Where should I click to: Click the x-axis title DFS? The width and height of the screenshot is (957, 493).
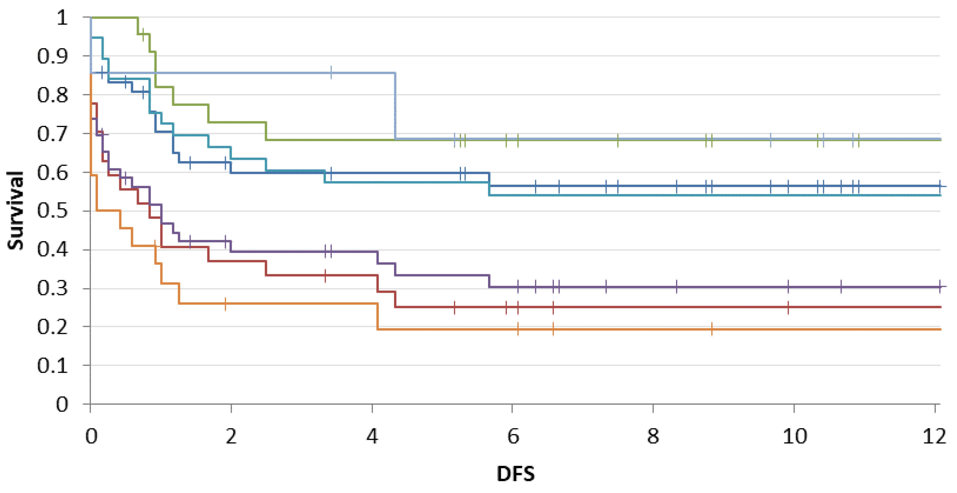click(x=516, y=473)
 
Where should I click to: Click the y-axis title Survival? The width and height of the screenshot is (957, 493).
click(x=16, y=210)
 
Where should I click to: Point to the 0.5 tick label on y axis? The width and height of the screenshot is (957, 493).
click(x=52, y=211)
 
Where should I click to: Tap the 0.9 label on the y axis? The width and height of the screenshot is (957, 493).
click(x=52, y=56)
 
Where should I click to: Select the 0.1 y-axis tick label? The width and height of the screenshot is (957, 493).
click(x=52, y=365)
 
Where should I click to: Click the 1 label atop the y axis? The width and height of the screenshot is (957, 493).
click(x=62, y=17)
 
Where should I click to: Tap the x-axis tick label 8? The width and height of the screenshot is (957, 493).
click(x=653, y=436)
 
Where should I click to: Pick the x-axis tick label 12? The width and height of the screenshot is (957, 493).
click(x=934, y=436)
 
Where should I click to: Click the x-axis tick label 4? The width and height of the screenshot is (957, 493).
click(x=372, y=436)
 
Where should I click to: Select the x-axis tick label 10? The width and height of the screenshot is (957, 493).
click(x=794, y=436)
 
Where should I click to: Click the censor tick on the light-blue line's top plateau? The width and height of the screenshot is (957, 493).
click(x=331, y=73)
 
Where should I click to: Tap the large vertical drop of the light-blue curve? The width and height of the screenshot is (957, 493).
click(x=395, y=106)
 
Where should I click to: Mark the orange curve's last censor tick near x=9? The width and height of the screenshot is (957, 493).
click(x=712, y=329)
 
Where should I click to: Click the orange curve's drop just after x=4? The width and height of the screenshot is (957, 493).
click(x=378, y=316)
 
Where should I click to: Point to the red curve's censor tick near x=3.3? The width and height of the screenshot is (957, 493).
click(x=325, y=275)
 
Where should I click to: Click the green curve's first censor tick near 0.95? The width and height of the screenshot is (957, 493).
click(x=143, y=35)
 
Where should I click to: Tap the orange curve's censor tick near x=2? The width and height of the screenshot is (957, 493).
click(x=226, y=304)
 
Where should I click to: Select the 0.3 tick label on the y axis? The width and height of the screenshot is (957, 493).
click(x=52, y=288)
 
